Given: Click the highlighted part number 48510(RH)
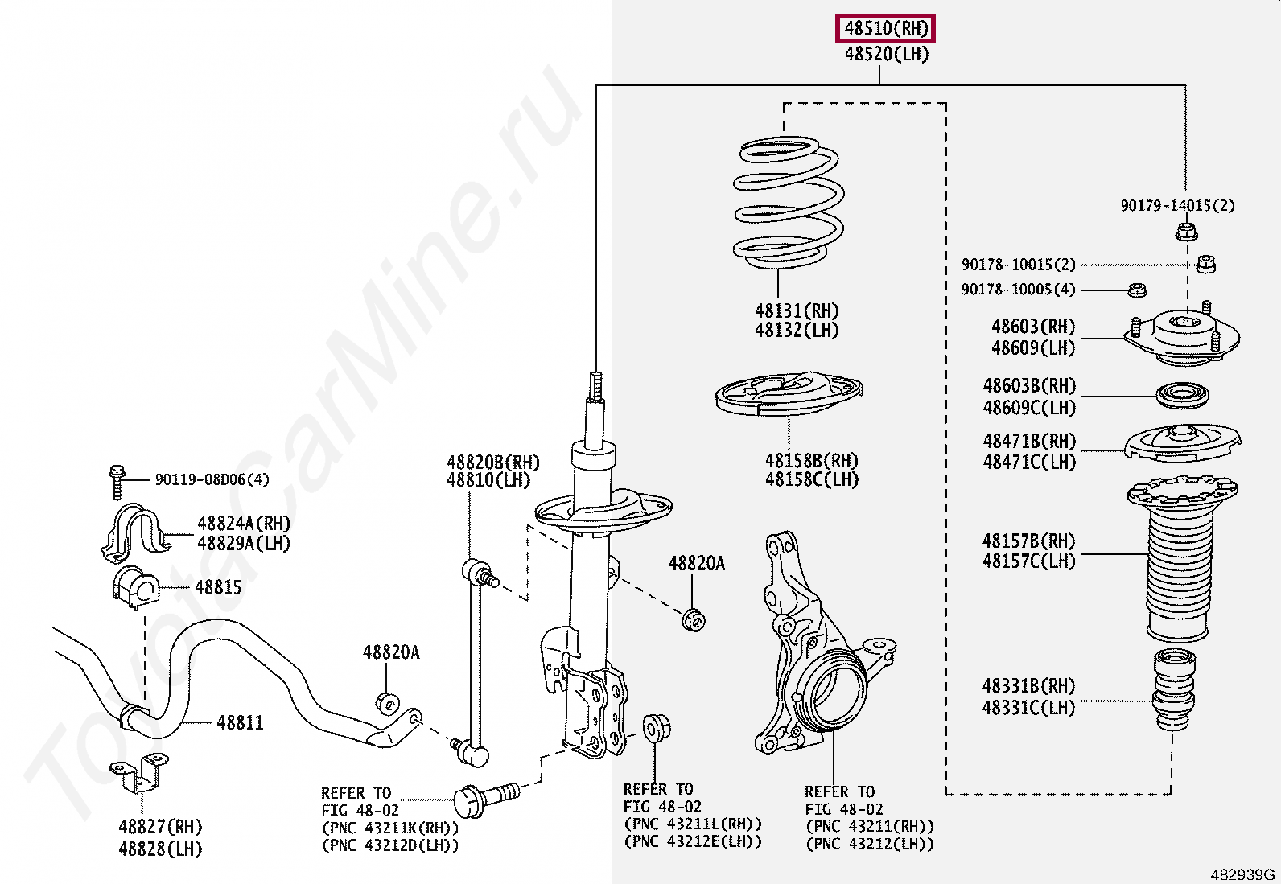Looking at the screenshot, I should point(885,29).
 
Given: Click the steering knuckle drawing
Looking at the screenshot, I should point(813,643).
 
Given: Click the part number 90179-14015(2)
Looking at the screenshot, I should point(1177,206).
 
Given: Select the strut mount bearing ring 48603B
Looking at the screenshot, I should point(1182,396).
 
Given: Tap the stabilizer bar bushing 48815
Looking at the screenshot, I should point(134,588).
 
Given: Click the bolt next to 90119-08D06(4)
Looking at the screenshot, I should point(117,480).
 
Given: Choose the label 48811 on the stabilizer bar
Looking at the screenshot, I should point(240,722).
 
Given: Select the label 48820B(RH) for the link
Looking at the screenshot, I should point(492,463).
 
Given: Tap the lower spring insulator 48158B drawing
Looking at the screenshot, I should point(789,393).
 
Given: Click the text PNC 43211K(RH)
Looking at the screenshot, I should point(390,828).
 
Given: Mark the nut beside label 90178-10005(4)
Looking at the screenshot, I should point(1137,290).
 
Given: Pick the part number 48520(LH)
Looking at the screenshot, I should point(886,55).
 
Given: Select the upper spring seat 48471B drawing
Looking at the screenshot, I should point(1182,443).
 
